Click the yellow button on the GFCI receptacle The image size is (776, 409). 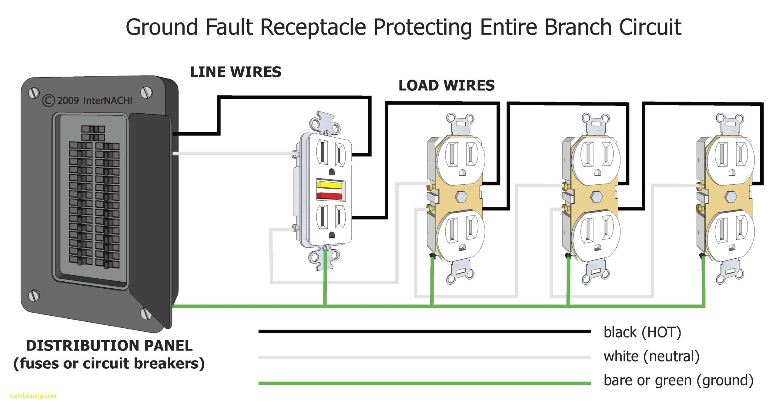point(329,184)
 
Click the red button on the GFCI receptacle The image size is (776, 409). point(329,196)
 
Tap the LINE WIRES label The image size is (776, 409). point(236,72)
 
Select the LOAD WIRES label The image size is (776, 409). point(446,85)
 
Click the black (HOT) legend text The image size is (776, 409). point(642,332)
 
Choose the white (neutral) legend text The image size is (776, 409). point(651,356)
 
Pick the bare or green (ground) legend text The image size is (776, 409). point(678,381)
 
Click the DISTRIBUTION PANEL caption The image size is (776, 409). point(109,346)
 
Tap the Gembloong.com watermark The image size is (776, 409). point(33,396)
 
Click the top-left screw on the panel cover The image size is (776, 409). point(34,93)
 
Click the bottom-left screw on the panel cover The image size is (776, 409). point(34,295)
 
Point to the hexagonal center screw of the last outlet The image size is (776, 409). point(731,196)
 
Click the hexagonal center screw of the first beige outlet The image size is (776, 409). point(461,196)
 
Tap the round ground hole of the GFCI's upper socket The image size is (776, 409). point(332,172)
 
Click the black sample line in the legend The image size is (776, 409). point(424,331)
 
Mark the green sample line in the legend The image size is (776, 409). point(424,383)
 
